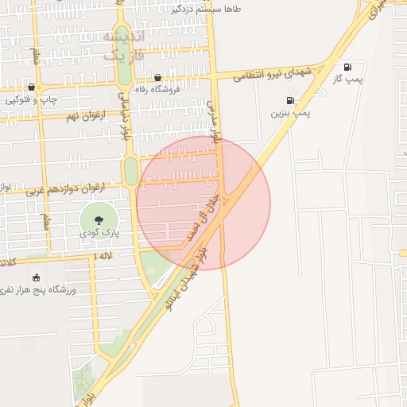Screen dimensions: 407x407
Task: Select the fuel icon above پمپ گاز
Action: click(x=347, y=66)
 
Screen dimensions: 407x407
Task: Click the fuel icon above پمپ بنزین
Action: click(x=289, y=100)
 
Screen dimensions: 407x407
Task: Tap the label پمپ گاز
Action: click(x=347, y=79)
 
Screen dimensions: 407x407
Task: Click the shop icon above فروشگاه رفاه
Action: click(x=157, y=78)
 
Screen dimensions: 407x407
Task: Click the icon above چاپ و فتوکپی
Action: click(x=31, y=87)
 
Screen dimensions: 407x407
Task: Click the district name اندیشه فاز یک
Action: click(x=125, y=45)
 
